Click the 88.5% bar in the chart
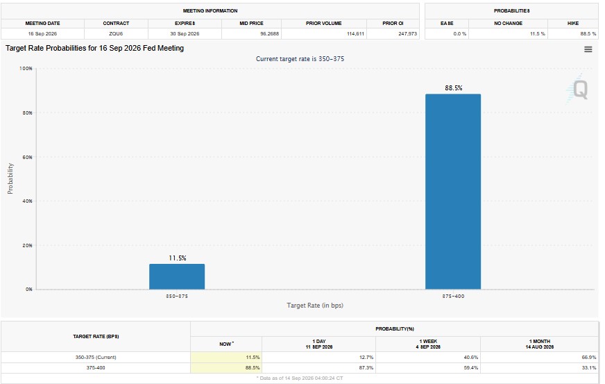click(x=453, y=192)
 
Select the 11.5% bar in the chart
click(x=177, y=276)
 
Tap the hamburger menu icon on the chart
click(x=588, y=49)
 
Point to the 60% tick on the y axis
click(x=26, y=157)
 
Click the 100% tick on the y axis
click(x=26, y=68)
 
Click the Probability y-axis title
click(x=10, y=178)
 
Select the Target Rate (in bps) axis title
click(x=315, y=306)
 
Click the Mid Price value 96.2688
click(x=269, y=33)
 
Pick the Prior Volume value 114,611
click(x=355, y=33)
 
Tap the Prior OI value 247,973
click(x=407, y=33)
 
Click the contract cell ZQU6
click(x=116, y=33)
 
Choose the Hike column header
click(x=573, y=23)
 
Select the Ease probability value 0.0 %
click(x=459, y=33)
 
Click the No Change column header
click(x=508, y=23)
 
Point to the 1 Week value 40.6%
click(x=470, y=358)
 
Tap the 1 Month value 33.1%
click(x=589, y=368)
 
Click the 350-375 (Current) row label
click(x=96, y=358)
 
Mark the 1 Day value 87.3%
click(x=366, y=368)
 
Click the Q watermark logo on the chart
click(x=579, y=90)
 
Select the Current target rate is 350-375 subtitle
click(x=300, y=59)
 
